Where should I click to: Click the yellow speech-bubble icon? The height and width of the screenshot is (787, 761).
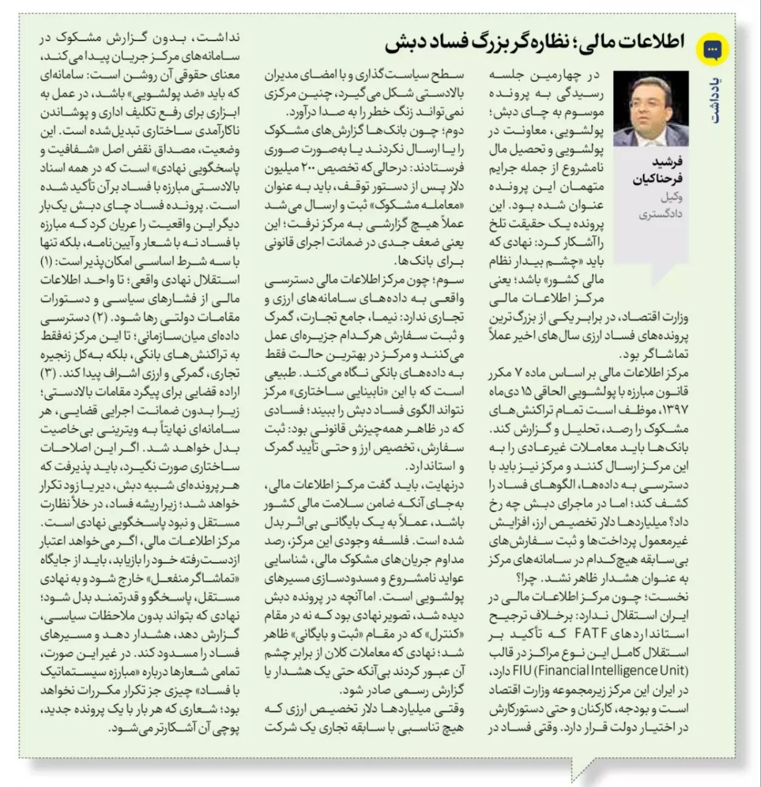(x=714, y=50)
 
